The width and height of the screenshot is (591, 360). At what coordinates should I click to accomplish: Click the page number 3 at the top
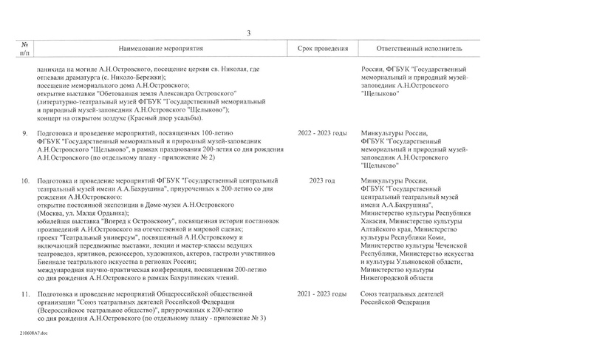tap(249, 33)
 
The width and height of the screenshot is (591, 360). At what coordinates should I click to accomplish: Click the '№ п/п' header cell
tap(24, 48)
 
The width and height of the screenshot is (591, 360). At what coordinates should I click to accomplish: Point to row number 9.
tap(25, 133)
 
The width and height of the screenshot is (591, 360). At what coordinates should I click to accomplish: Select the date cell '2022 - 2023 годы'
tap(321, 133)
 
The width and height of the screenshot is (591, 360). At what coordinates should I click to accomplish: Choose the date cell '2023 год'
tap(322, 180)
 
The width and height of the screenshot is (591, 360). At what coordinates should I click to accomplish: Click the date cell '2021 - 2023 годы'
tap(321, 294)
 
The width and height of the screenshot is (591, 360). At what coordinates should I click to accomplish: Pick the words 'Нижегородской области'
tap(397, 277)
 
